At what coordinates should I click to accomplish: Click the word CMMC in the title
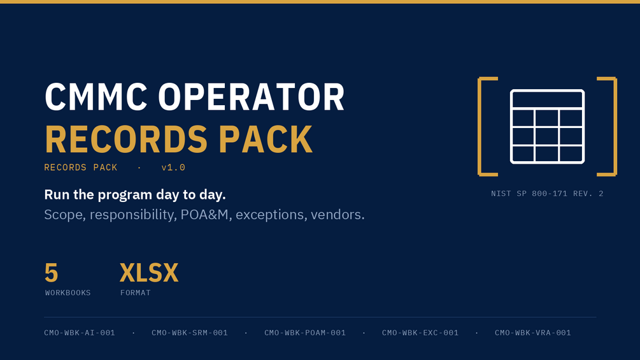[x=96, y=97]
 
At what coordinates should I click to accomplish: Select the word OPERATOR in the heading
[x=252, y=97]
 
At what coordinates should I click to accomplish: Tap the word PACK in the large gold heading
[x=266, y=139]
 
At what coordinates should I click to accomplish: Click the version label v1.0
[x=173, y=168]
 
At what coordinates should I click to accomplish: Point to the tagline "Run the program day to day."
[x=135, y=195]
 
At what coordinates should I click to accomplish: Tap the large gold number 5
[x=52, y=273]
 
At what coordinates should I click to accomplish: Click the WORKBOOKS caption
[x=68, y=292]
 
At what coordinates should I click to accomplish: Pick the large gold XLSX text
[x=149, y=273]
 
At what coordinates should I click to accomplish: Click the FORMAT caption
[x=136, y=292]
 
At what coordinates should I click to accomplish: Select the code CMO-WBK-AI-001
[x=80, y=333]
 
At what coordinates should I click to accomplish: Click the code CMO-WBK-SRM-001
[x=190, y=333]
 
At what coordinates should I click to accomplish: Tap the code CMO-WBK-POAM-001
[x=305, y=333]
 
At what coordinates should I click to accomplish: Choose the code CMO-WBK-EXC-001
[x=420, y=333]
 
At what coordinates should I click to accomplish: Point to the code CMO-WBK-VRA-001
[x=533, y=333]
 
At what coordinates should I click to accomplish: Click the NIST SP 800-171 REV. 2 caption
[x=548, y=194]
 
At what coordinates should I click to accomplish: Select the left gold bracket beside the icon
[x=479, y=127]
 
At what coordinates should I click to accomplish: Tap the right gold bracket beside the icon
[x=616, y=127]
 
